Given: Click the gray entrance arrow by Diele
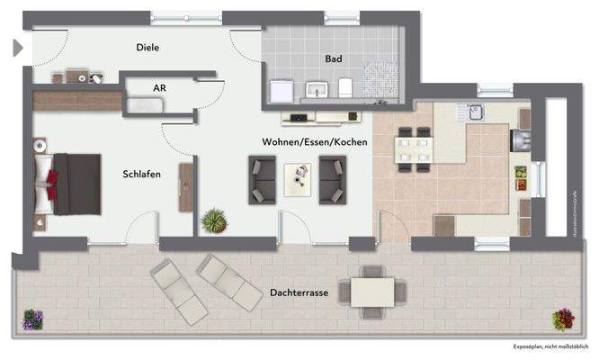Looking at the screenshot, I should (17, 48).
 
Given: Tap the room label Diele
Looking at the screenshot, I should (148, 48).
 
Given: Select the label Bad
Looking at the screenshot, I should (334, 58).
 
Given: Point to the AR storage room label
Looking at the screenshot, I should (159, 88).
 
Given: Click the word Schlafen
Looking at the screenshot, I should (142, 174).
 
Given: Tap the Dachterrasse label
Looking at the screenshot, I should (298, 293).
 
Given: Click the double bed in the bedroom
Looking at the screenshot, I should (68, 184).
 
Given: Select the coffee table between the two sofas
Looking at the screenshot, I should (298, 178).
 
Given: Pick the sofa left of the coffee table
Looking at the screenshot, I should (263, 180).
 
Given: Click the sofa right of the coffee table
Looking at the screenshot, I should (332, 180).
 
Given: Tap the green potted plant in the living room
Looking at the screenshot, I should (213, 220).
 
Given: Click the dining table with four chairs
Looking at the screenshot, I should (415, 150).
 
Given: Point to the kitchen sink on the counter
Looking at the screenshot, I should (476, 112).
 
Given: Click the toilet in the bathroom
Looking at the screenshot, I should (345, 87).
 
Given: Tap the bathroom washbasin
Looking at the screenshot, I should (317, 89).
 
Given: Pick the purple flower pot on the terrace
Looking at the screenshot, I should (33, 319).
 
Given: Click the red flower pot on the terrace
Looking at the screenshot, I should (564, 319).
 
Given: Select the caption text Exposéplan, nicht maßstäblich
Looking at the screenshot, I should (550, 346).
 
